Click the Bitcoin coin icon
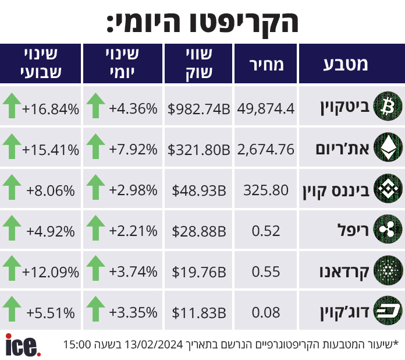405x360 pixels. pyautogui.click(x=388, y=106)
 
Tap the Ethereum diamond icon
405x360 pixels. pyautogui.click(x=388, y=147)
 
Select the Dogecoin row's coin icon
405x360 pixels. pyautogui.click(x=388, y=310)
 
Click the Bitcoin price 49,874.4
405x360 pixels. pyautogui.click(x=266, y=108)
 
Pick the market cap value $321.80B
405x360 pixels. pyautogui.click(x=198, y=150)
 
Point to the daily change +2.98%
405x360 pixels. pyautogui.click(x=133, y=190)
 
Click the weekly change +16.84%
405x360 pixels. pyautogui.click(x=51, y=109)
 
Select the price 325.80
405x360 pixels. pyautogui.click(x=266, y=190)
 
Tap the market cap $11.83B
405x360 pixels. pyautogui.click(x=199, y=313)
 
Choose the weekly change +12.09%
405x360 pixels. pyautogui.click(x=51, y=272)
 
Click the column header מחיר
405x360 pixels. pyautogui.click(x=267, y=65)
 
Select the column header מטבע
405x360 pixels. pyautogui.click(x=346, y=64)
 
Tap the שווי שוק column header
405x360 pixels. pyautogui.click(x=199, y=63)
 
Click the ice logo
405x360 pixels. pyautogui.click(x=23, y=345)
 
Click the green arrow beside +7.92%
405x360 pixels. pyautogui.click(x=95, y=146)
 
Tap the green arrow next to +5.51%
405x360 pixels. pyautogui.click(x=12, y=309)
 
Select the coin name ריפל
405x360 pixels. pyautogui.click(x=353, y=230)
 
